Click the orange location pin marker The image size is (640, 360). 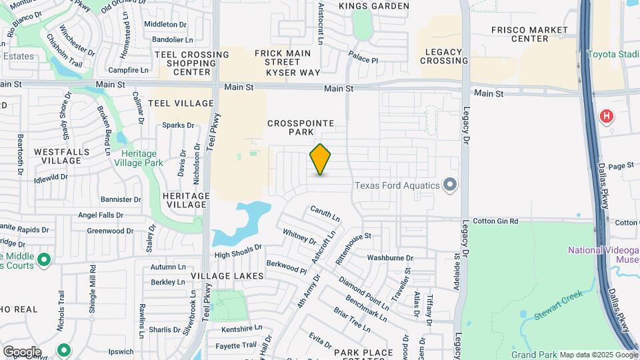pyautogui.click(x=321, y=159)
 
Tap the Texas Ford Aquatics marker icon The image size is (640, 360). pyautogui.click(x=450, y=185)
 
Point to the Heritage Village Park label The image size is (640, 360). pyautogui.click(x=139, y=158)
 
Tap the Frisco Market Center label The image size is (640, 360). pyautogui.click(x=529, y=34)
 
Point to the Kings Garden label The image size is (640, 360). pyautogui.click(x=373, y=6)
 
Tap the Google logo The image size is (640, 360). pyautogui.click(x=21, y=351)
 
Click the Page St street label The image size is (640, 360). pyautogui.click(x=620, y=166)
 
